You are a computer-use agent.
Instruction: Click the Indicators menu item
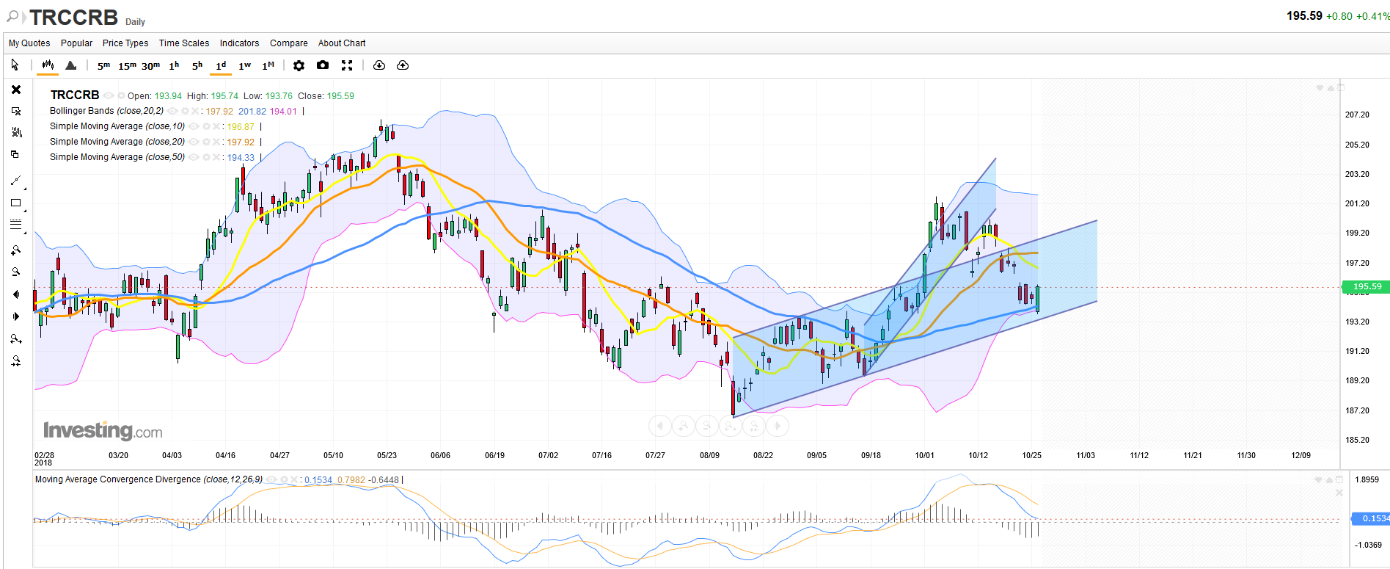click(x=239, y=43)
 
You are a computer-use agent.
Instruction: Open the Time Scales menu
click(x=184, y=43)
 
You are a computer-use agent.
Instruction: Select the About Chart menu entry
click(x=342, y=43)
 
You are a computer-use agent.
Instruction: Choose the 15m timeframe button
click(x=127, y=66)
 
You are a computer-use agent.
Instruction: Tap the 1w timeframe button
click(x=245, y=66)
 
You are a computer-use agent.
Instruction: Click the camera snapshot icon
click(x=323, y=65)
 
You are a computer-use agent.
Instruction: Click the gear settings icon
click(x=299, y=65)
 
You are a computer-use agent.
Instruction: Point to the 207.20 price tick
click(x=1357, y=115)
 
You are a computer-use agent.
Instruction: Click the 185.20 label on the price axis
click(x=1357, y=441)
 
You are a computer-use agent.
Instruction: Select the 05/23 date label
click(x=387, y=456)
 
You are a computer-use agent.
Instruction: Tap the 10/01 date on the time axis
click(x=924, y=456)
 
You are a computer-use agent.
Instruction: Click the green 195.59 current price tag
click(x=1367, y=287)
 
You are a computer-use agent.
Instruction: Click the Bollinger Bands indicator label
click(x=106, y=111)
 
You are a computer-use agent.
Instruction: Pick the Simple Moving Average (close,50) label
click(x=117, y=157)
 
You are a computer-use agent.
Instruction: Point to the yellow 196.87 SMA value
click(x=241, y=127)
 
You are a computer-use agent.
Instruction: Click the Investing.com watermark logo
click(x=103, y=430)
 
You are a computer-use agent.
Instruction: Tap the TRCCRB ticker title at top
click(x=73, y=18)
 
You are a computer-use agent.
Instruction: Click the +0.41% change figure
click(x=1372, y=16)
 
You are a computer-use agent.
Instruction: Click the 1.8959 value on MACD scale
click(x=1367, y=480)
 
